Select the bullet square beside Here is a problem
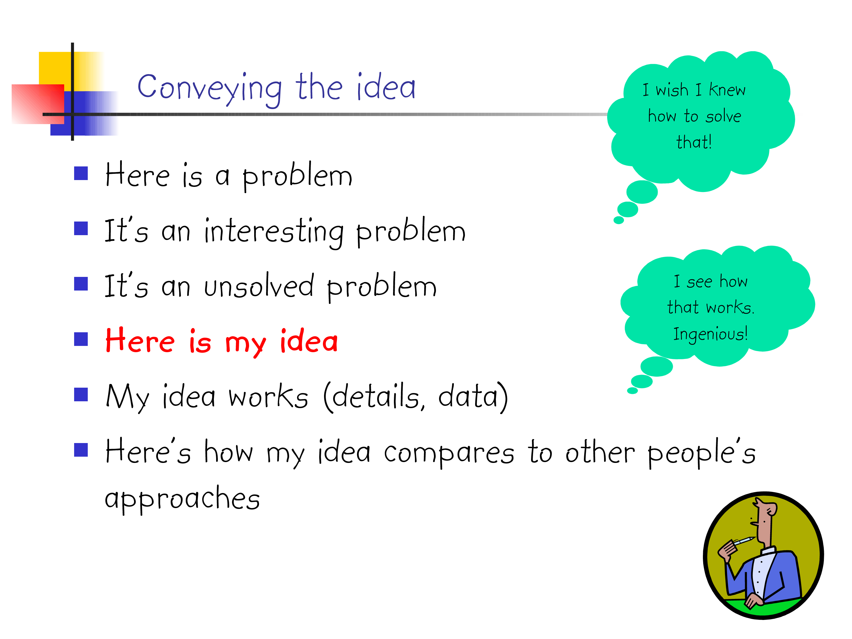(81, 173)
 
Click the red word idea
(309, 341)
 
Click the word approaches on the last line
(182, 499)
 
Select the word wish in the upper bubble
(672, 90)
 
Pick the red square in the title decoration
(38, 104)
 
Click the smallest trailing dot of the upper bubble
(619, 220)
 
